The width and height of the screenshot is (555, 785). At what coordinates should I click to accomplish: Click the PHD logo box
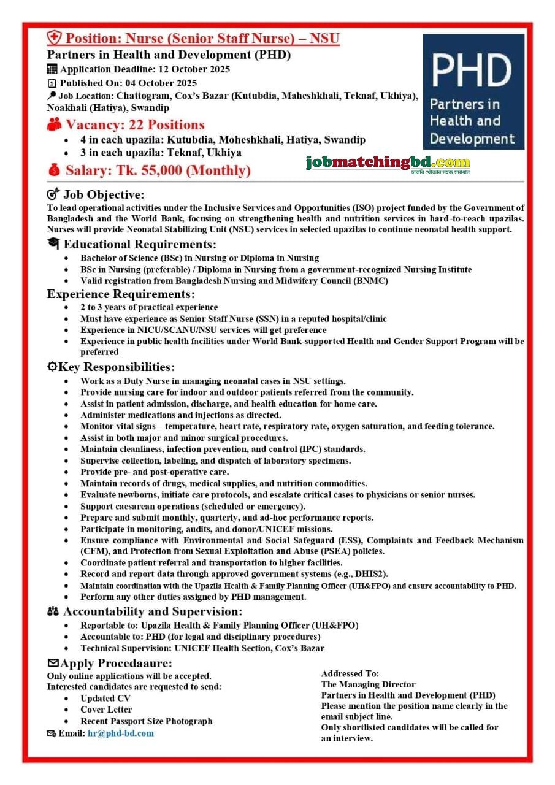click(473, 91)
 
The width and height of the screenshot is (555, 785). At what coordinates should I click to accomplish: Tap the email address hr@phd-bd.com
click(120, 733)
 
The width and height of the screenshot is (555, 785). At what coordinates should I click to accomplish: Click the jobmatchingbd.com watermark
click(388, 163)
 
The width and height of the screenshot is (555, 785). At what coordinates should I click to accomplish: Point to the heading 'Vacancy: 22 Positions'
click(135, 125)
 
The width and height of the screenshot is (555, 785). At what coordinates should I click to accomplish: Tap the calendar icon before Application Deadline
click(52, 69)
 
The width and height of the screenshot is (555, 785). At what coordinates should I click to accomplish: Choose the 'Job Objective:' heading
click(104, 195)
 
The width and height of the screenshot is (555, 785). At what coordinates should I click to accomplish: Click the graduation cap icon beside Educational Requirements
click(53, 244)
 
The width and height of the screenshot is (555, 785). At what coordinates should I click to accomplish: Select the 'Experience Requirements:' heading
click(120, 294)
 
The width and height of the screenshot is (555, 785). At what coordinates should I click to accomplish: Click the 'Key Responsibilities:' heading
click(116, 367)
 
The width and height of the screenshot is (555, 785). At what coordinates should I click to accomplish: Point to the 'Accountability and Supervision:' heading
click(153, 611)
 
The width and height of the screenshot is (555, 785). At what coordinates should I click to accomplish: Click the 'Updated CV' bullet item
click(105, 698)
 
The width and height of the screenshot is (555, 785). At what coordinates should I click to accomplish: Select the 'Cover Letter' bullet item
click(106, 710)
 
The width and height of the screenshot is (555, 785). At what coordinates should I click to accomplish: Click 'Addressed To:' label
click(350, 673)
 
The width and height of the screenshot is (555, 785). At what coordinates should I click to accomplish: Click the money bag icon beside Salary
click(54, 170)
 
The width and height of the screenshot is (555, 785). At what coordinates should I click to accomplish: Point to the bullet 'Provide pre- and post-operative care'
click(155, 472)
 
